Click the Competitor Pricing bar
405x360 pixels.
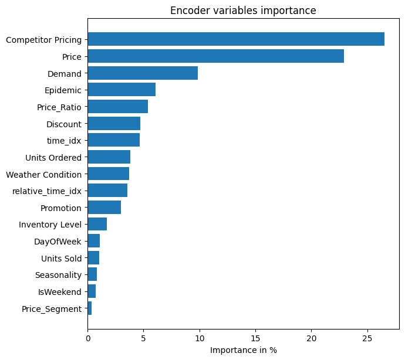[x=236, y=39]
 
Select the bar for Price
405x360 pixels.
[x=216, y=56]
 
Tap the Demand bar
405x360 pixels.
[x=143, y=73]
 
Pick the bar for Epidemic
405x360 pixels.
[x=122, y=90]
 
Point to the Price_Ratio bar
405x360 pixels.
[x=118, y=106]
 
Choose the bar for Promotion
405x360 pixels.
[x=104, y=207]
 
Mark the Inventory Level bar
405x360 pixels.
[x=97, y=224]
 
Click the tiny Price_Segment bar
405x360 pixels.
[x=90, y=308]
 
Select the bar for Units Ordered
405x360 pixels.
[x=109, y=157]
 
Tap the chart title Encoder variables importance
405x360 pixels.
[x=243, y=11]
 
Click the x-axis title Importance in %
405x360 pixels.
[x=244, y=350]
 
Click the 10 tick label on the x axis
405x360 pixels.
[x=200, y=338]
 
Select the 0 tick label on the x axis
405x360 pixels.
[x=88, y=338]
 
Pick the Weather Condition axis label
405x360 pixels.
[x=43, y=175]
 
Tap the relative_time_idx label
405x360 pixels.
[x=47, y=192]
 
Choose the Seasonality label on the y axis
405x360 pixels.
[x=58, y=275]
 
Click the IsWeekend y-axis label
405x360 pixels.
[x=60, y=292]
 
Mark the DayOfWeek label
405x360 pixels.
[x=58, y=242]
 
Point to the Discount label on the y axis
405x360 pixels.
[x=64, y=124]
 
